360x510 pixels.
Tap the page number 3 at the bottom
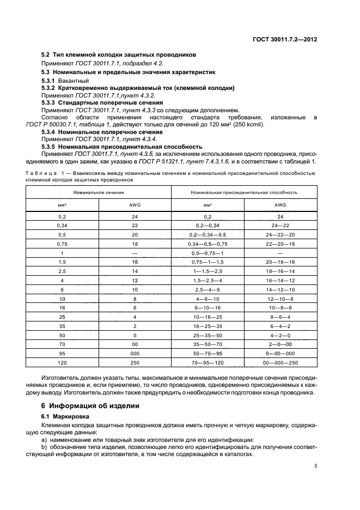coord(315,465)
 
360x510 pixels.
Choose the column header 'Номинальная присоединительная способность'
coord(243,192)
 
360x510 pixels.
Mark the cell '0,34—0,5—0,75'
coord(208,244)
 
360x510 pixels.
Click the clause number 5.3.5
coord(50,147)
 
